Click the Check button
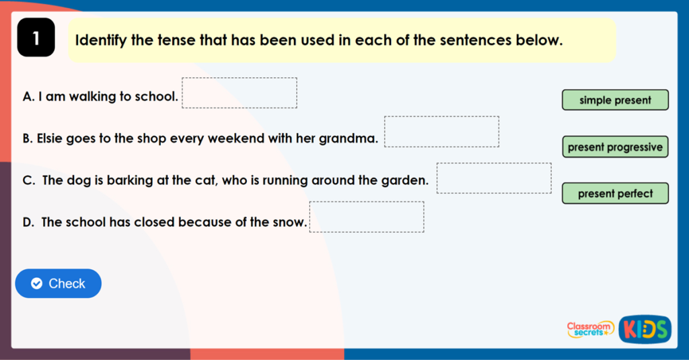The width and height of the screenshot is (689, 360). (59, 283)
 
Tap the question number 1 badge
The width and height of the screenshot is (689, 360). (36, 40)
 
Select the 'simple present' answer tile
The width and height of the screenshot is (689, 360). (615, 100)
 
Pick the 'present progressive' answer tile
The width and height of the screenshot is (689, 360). (615, 147)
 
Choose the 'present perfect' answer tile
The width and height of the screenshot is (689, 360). (615, 194)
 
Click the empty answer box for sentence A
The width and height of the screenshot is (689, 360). (240, 93)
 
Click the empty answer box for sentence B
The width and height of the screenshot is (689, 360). (441, 131)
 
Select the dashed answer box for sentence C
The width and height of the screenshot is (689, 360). (494, 178)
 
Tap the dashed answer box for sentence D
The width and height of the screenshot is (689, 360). (367, 217)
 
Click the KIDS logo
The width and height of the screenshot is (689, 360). (645, 329)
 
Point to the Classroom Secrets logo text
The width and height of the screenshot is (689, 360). (590, 329)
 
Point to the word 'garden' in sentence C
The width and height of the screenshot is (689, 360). (406, 180)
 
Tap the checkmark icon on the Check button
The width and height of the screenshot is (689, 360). (37, 283)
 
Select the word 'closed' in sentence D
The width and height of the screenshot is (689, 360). (149, 222)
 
